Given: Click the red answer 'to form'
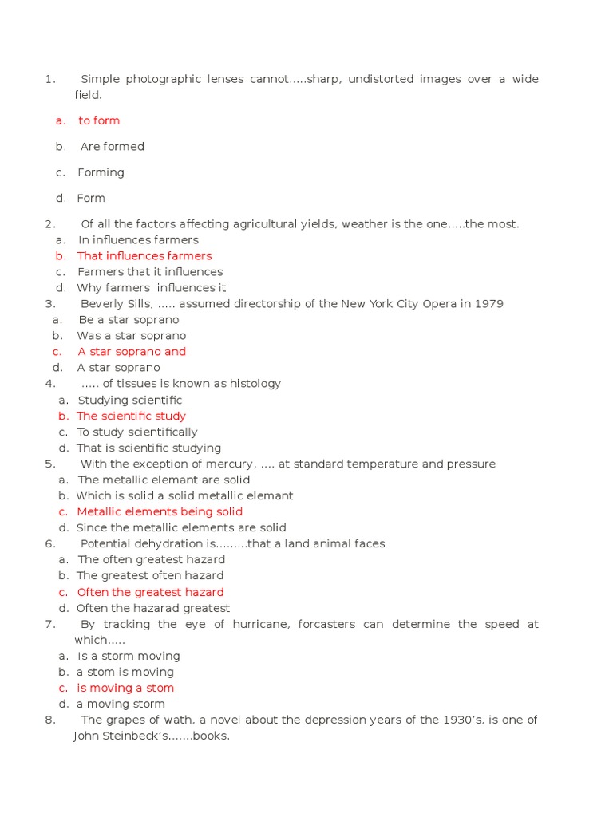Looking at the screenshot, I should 99,120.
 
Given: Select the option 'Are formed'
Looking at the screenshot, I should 112,147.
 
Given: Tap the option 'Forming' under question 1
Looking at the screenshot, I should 101,172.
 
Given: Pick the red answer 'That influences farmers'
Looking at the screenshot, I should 144,256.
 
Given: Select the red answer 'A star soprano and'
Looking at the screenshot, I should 132,352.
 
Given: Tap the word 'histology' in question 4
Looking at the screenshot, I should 255,384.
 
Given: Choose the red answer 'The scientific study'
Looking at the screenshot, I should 131,416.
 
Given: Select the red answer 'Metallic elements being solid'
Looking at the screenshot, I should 160,511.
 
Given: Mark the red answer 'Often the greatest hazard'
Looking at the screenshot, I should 150,592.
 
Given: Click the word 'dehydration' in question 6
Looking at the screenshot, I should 170,543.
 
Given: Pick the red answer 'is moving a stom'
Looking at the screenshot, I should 125,688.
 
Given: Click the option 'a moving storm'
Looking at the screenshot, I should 121,704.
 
